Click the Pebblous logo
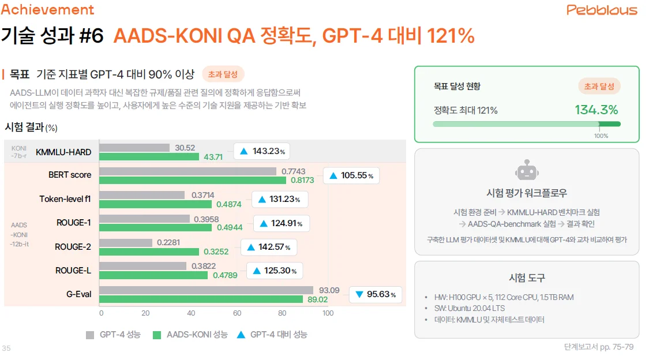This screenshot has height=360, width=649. coord(602,10)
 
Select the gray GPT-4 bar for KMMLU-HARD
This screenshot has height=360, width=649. coord(134,148)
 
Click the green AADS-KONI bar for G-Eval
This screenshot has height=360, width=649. coord(201,299)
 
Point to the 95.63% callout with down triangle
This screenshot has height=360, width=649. coord(376,294)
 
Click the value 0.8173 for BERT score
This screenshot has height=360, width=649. coord(302,180)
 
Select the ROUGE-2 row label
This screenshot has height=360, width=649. coord(73,247)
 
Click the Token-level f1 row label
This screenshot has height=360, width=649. coord(65,198)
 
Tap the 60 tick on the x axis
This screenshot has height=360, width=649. coord(237,313)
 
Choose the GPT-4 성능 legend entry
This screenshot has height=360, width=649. coord(113,335)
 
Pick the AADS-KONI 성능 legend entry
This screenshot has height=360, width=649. coord(190,335)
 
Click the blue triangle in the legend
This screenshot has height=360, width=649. coord(241,334)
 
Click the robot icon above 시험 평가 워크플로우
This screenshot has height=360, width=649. coord(526,172)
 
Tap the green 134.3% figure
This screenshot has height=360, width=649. coord(596,110)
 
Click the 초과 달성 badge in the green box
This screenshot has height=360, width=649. coord(599,87)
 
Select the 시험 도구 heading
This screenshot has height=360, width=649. coord(527,277)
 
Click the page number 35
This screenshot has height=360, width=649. coord(6,348)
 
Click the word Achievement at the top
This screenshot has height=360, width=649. coord(47,10)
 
